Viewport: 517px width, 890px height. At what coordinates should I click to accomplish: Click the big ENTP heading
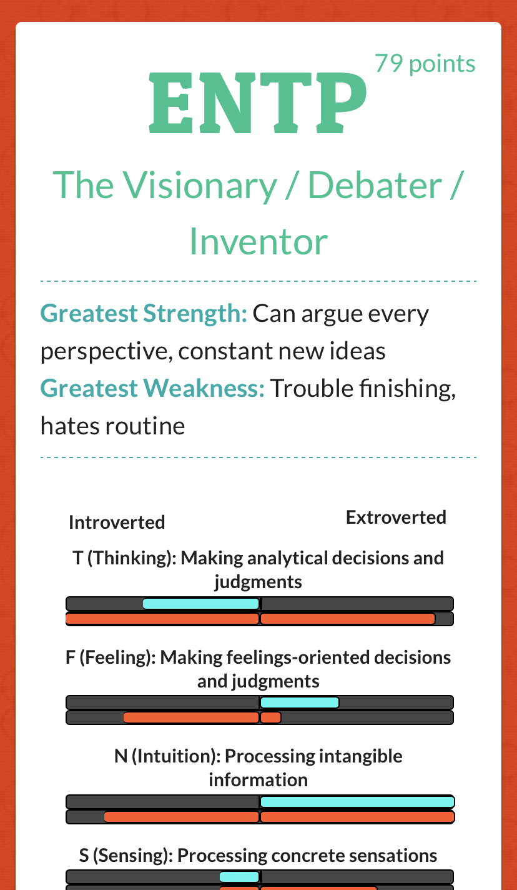click(x=258, y=102)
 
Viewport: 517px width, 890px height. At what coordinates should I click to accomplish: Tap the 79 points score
click(x=425, y=64)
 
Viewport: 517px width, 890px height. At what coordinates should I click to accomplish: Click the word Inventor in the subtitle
click(x=258, y=242)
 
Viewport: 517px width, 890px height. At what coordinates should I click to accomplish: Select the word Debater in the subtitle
click(x=375, y=185)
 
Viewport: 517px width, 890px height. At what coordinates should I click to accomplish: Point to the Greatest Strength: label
click(x=144, y=314)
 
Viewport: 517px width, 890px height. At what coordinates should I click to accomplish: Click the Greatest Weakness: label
click(x=152, y=388)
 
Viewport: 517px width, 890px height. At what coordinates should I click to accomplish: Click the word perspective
click(x=107, y=352)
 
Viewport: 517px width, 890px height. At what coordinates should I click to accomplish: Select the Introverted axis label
click(x=117, y=522)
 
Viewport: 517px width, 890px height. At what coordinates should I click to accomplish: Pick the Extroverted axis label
click(x=396, y=517)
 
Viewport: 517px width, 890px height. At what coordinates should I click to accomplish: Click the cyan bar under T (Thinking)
click(x=201, y=604)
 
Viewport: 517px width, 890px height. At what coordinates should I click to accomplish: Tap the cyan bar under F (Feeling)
click(x=300, y=702)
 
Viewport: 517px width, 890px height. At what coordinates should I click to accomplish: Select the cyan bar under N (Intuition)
click(x=357, y=802)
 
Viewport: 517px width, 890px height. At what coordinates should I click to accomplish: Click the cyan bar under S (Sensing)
click(x=239, y=877)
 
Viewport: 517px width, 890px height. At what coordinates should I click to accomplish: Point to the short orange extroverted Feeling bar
click(x=271, y=717)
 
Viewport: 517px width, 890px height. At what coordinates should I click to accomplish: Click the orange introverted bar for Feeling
click(x=192, y=717)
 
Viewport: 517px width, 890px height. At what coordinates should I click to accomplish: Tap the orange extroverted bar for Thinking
click(x=348, y=619)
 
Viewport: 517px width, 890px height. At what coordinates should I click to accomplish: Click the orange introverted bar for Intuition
click(x=182, y=817)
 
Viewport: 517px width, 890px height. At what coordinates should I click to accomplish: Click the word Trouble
click(x=312, y=388)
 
